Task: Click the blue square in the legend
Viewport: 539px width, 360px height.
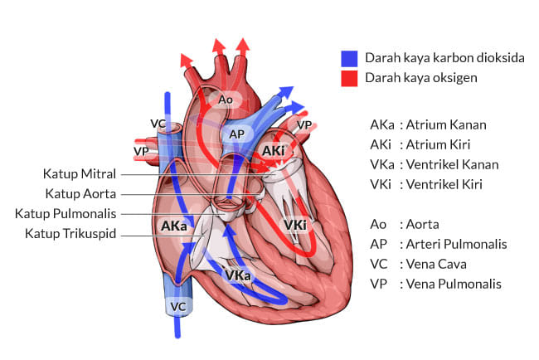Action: [349, 58]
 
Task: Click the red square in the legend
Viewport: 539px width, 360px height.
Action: [349, 78]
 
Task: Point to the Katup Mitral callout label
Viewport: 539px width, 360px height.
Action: [80, 174]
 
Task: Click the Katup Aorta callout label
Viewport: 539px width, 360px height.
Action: [80, 194]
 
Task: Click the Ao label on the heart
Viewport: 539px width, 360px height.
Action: [226, 100]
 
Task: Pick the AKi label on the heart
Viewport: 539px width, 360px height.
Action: [273, 150]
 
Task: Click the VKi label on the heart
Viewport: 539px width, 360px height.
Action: [294, 225]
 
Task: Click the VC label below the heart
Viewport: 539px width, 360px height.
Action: [178, 306]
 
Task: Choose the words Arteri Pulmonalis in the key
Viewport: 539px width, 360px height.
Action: [453, 244]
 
